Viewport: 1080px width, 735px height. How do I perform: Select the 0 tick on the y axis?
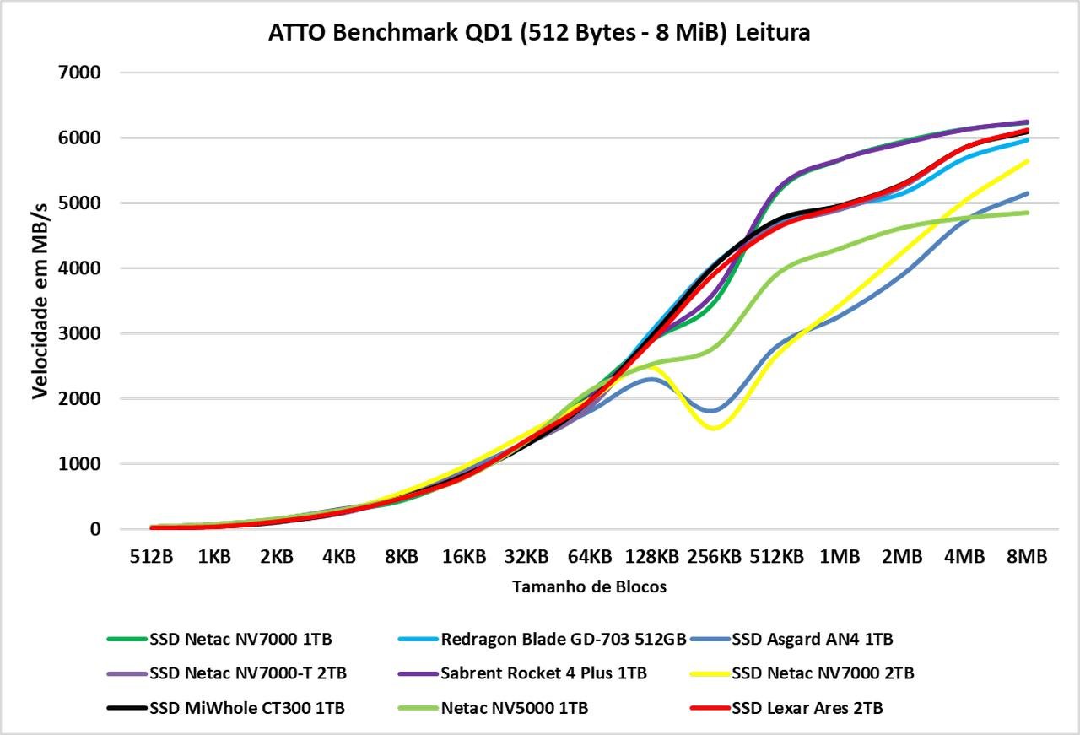[x=95, y=529]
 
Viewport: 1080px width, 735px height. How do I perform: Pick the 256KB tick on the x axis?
[x=714, y=556]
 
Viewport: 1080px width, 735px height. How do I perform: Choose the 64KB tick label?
[x=589, y=556]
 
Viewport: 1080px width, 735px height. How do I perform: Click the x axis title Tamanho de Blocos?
[x=589, y=586]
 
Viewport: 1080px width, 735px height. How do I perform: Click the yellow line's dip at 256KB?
[x=715, y=428]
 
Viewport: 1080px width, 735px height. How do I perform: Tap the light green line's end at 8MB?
[x=1027, y=213]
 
